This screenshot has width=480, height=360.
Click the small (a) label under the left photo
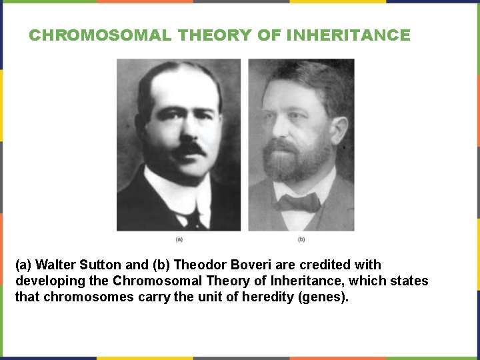179,239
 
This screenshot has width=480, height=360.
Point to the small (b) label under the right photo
301,239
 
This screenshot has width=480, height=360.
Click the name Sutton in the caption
109,265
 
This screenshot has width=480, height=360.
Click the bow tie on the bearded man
299,201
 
